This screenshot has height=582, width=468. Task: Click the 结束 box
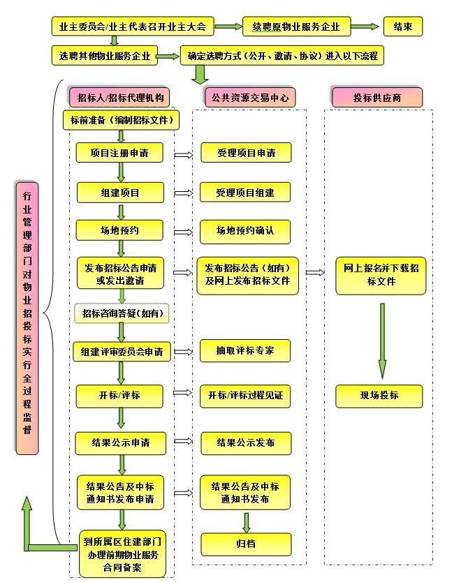[402, 27]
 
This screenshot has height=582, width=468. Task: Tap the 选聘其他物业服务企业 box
[104, 56]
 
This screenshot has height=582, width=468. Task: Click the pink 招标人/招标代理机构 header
[119, 97]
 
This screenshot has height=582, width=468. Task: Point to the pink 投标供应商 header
[377, 97]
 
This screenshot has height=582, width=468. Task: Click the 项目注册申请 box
[118, 153]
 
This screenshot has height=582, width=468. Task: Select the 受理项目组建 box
[245, 193]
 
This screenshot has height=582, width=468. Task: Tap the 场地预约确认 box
[244, 230]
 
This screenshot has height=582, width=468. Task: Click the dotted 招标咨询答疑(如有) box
[122, 313]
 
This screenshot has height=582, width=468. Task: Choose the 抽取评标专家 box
[244, 350]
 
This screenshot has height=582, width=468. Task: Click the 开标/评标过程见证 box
[245, 395]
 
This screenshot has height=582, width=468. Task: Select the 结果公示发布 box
[245, 442]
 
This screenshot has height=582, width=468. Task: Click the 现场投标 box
[379, 395]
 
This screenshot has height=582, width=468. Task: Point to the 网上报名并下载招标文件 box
[381, 274]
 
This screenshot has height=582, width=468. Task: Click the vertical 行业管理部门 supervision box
[27, 318]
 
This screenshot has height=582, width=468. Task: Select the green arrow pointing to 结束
[364, 27]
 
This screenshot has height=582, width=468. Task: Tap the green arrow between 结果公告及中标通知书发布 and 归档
[246, 522]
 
